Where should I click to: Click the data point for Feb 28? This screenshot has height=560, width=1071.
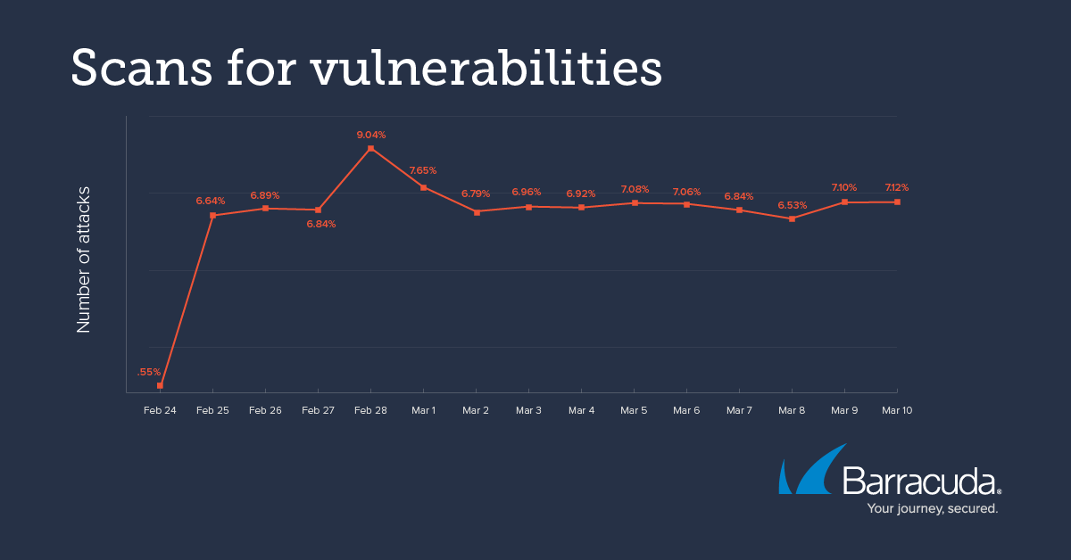tap(370, 148)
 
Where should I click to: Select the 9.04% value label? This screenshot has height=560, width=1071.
tap(371, 135)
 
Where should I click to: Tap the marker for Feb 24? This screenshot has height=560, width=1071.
tap(160, 385)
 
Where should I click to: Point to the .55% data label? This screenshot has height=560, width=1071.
tap(149, 372)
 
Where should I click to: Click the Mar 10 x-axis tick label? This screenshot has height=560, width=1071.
tap(897, 410)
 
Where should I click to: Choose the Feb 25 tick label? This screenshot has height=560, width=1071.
tap(212, 410)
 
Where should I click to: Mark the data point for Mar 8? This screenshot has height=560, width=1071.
tap(792, 218)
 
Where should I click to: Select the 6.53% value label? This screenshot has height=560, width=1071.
tap(793, 205)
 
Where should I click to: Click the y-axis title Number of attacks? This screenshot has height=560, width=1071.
tap(84, 259)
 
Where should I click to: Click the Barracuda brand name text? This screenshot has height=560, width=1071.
tap(919, 482)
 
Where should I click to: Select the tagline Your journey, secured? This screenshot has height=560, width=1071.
tap(933, 508)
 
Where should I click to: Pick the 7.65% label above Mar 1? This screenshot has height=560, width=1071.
tap(423, 170)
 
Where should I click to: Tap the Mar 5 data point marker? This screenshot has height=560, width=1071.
tap(635, 203)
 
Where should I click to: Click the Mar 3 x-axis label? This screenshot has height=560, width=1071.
tap(528, 410)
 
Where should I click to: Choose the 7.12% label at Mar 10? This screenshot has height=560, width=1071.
tap(896, 187)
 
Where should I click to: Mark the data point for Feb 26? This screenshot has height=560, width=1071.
tap(265, 209)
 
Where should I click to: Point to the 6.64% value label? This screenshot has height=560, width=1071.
tap(211, 201)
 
